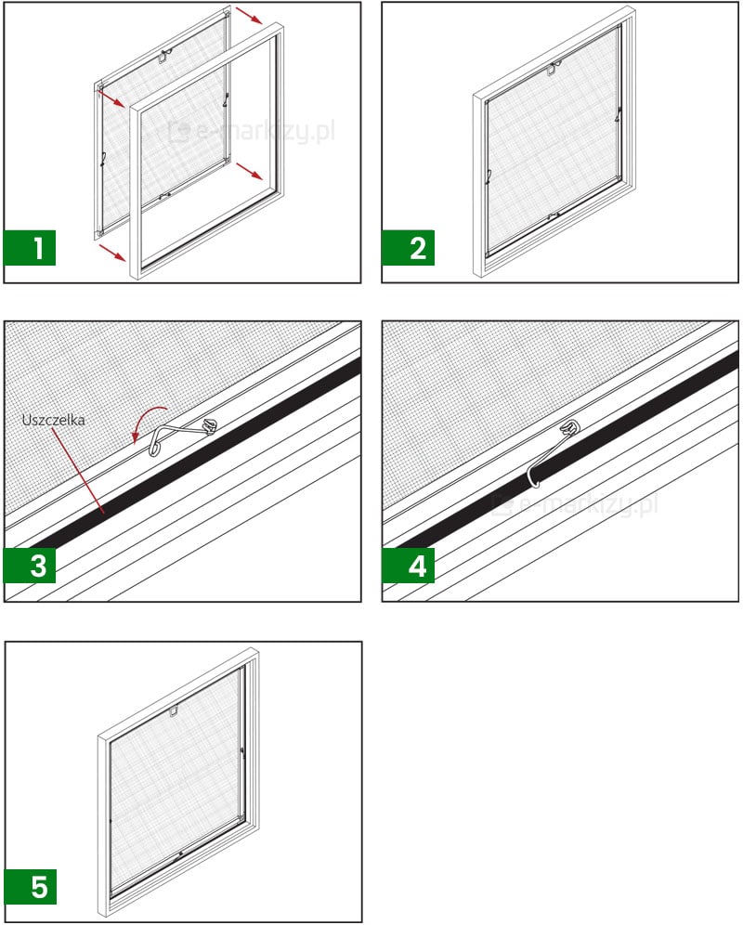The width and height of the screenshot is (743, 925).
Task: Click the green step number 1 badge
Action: coord(30,248)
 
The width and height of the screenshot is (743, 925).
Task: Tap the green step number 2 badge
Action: coord(408,248)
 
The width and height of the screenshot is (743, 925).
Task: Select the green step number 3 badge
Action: coord(30,566)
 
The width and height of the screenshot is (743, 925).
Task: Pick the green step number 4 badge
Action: coord(408,566)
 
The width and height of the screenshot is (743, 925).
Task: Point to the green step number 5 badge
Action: coord(31,887)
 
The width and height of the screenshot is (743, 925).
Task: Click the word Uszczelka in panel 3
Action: coord(53,420)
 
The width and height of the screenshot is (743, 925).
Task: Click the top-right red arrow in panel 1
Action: coord(249,16)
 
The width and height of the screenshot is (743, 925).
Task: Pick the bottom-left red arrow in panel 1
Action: coord(112,254)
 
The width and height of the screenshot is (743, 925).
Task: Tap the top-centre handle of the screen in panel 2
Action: coord(553,69)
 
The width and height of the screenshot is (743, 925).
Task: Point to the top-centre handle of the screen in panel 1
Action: coord(164,58)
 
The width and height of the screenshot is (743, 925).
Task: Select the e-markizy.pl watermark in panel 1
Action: coord(252,131)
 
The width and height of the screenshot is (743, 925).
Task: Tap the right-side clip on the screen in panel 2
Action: coord(618,115)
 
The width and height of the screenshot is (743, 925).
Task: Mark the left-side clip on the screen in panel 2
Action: coord(489,176)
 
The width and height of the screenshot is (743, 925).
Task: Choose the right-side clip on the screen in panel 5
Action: coord(242,751)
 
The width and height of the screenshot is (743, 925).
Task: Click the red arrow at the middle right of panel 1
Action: coord(250,171)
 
